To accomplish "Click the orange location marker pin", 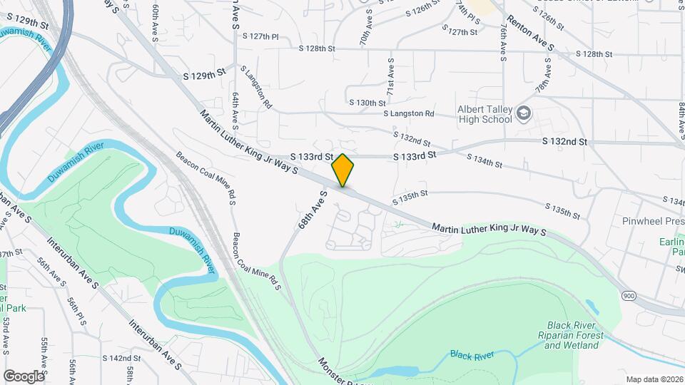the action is click(343, 170).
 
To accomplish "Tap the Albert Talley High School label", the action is click(485, 114).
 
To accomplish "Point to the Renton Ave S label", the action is click(530, 34).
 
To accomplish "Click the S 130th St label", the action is click(367, 103).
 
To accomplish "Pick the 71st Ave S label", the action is click(391, 75).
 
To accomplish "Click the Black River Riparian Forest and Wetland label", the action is click(571, 335).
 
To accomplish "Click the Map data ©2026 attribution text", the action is click(654, 379).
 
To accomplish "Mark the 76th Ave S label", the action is click(504, 44).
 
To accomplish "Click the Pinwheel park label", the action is click(653, 221).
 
